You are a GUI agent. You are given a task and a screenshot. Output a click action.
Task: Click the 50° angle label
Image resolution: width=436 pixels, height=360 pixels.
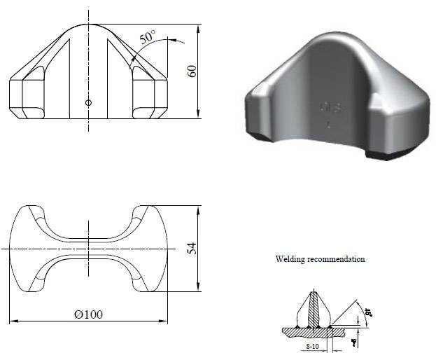pyautogui.click(x=147, y=38)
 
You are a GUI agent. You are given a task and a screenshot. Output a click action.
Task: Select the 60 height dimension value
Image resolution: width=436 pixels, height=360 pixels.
pyautogui.click(x=193, y=71)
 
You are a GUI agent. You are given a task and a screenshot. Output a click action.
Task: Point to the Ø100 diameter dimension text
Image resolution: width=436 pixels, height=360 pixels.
pyautogui.click(x=88, y=314)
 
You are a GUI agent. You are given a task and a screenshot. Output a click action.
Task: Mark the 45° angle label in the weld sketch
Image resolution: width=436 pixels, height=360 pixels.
pyautogui.click(x=365, y=312)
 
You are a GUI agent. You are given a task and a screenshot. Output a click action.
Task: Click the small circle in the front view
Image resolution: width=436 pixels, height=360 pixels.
pyautogui.click(x=88, y=103)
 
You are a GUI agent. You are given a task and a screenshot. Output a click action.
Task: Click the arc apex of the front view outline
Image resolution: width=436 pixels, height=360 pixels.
pyautogui.click(x=88, y=25)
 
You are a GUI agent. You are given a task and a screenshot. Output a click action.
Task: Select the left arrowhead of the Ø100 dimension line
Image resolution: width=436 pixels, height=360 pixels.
pyautogui.click(x=13, y=321)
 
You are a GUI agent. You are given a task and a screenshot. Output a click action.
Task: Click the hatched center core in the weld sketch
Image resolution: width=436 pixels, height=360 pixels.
pyautogui.click(x=315, y=309)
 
